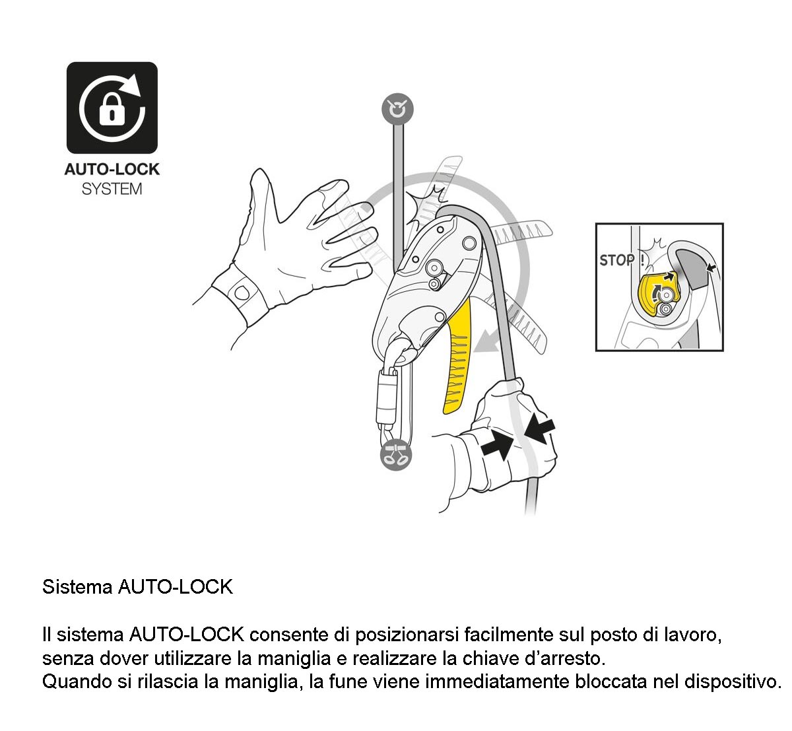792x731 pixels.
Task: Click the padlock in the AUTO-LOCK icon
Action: click(112, 109)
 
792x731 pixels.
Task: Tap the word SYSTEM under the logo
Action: click(112, 189)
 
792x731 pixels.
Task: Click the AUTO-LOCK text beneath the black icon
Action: click(112, 169)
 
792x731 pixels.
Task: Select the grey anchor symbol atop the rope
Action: click(397, 109)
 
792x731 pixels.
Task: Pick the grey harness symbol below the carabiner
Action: click(397, 455)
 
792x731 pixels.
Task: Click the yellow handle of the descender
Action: click(458, 357)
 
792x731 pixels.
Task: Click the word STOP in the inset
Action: click(616, 261)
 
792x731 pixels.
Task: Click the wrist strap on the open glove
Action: click(240, 295)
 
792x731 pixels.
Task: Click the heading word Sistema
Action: click(77, 587)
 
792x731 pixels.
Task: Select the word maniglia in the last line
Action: click(261, 681)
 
